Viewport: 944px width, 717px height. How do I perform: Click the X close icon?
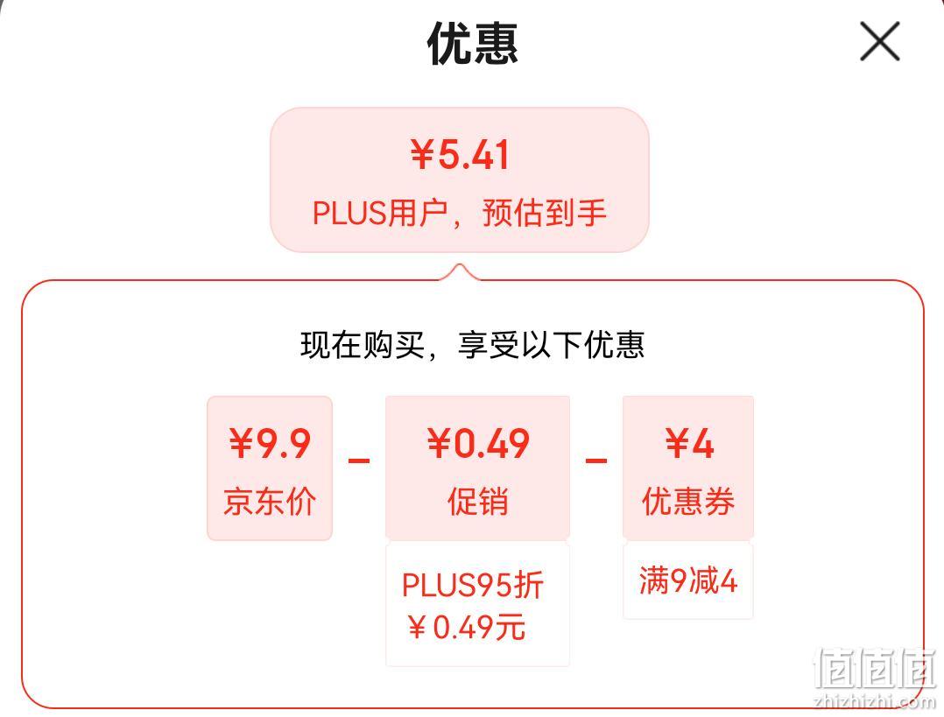point(879,41)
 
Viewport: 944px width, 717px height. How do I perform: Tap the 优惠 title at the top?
point(473,44)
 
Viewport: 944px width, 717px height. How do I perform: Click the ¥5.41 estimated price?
point(460,154)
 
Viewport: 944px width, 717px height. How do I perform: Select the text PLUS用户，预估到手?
point(460,213)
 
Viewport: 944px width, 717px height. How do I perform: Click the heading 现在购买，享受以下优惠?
point(473,345)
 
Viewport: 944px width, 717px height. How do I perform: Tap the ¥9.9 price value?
point(270,444)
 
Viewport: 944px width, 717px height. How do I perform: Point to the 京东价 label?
point(270,501)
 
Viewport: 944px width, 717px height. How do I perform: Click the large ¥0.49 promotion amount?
point(478,444)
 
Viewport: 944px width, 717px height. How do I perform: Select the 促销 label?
point(478,501)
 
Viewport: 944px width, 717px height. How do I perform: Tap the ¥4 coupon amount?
point(689,444)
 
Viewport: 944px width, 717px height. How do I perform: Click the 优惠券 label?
point(688,501)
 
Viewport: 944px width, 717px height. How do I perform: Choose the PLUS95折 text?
point(473,585)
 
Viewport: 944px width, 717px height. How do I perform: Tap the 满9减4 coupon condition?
point(688,581)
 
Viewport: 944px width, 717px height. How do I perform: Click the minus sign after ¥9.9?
point(359,461)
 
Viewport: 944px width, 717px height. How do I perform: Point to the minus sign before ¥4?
point(596,461)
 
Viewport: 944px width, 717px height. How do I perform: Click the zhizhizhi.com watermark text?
point(874,701)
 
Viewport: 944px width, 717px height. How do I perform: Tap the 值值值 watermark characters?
point(874,667)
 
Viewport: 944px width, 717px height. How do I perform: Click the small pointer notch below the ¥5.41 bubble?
point(460,271)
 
